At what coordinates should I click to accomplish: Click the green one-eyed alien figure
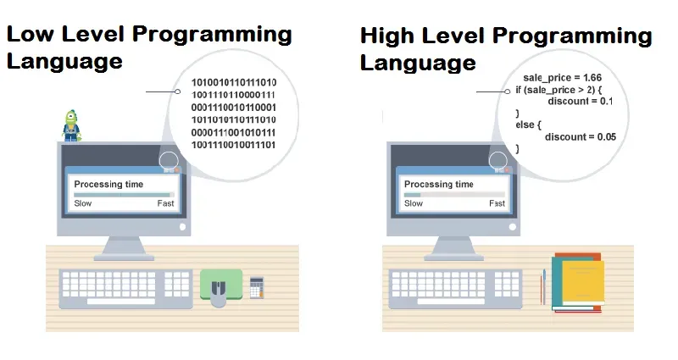pyautogui.click(x=72, y=125)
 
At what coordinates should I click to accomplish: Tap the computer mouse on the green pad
pyautogui.click(x=219, y=293)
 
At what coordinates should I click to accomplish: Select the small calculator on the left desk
pyautogui.click(x=257, y=288)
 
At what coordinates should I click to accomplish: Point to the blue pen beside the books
pyautogui.click(x=544, y=286)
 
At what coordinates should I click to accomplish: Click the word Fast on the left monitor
pyautogui.click(x=165, y=203)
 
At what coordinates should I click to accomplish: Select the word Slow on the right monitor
pyautogui.click(x=414, y=203)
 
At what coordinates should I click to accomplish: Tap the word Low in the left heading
pyautogui.click(x=30, y=34)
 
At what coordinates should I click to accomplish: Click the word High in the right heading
pyautogui.click(x=387, y=36)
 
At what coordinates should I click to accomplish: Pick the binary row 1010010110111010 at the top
pyautogui.click(x=234, y=82)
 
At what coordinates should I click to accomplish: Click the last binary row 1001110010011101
pyautogui.click(x=234, y=145)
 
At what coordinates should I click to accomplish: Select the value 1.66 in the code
pyautogui.click(x=592, y=78)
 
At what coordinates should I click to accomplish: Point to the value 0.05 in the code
pyautogui.click(x=607, y=137)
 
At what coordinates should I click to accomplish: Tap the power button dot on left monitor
pyautogui.click(x=182, y=227)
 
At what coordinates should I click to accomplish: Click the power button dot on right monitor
pyautogui.click(x=513, y=227)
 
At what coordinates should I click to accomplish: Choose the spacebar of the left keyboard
pyautogui.click(x=121, y=301)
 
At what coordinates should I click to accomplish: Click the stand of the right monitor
pyautogui.click(x=453, y=248)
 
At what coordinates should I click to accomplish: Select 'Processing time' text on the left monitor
pyautogui.click(x=108, y=185)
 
